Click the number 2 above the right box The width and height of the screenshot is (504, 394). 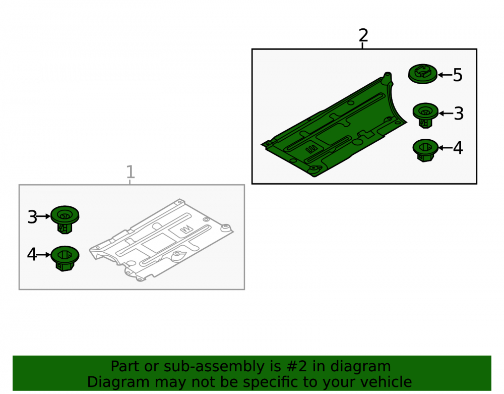tap(363, 35)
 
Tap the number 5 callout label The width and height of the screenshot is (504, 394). tap(458, 75)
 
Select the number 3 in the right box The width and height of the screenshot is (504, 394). tap(459, 114)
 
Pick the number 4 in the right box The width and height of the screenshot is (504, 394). tap(458, 148)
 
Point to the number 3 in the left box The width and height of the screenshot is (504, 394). tap(32, 217)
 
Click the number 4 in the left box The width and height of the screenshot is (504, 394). tap(32, 254)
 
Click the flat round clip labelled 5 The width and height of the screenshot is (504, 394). tap(423, 74)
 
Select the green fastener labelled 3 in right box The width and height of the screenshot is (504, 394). tap(425, 115)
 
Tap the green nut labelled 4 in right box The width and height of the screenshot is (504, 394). tap(425, 150)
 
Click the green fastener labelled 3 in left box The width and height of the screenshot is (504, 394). tap(65, 219)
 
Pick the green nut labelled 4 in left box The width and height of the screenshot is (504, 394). tap(65, 258)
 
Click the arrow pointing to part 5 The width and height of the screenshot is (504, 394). tap(445, 75)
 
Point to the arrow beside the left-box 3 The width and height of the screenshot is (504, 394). tap(44, 217)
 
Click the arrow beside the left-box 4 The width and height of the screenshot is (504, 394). tap(44, 254)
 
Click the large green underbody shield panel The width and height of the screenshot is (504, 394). tap(334, 129)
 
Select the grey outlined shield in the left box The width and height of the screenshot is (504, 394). tap(161, 240)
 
